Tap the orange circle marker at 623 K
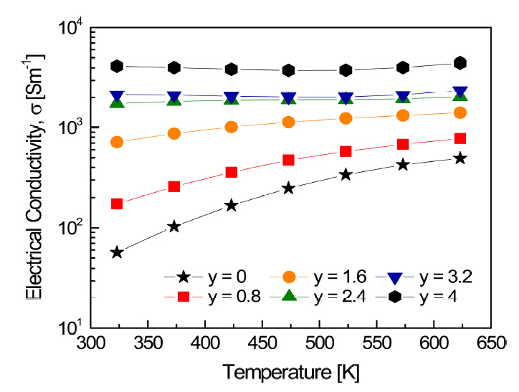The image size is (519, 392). click(460, 113)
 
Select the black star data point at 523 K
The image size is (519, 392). click(346, 174)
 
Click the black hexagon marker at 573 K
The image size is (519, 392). click(403, 67)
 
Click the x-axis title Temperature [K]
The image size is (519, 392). click(290, 372)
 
